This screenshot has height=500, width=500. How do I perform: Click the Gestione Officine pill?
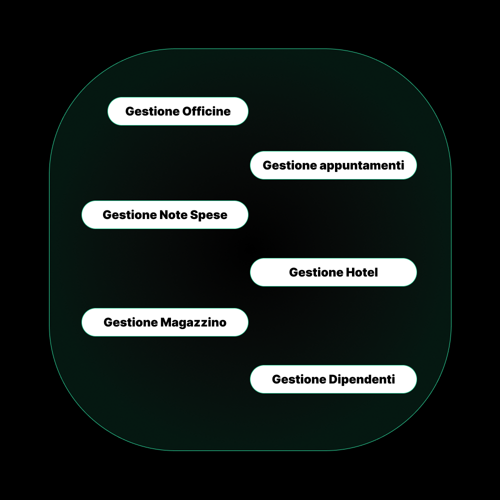click(178, 111)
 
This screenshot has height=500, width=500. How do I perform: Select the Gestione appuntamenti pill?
click(333, 165)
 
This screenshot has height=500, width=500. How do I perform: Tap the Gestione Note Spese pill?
click(165, 215)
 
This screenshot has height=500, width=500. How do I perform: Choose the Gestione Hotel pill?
click(333, 272)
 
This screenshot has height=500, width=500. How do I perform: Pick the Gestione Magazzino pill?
click(165, 322)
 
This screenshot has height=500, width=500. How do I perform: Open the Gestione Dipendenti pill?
click(333, 379)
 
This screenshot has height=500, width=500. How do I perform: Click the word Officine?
click(206, 111)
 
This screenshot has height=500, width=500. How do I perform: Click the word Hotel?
click(362, 272)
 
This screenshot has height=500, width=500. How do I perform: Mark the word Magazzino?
click(193, 322)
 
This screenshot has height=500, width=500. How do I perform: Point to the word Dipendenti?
click(362, 379)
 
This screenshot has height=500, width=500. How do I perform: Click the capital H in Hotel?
click(349, 272)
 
